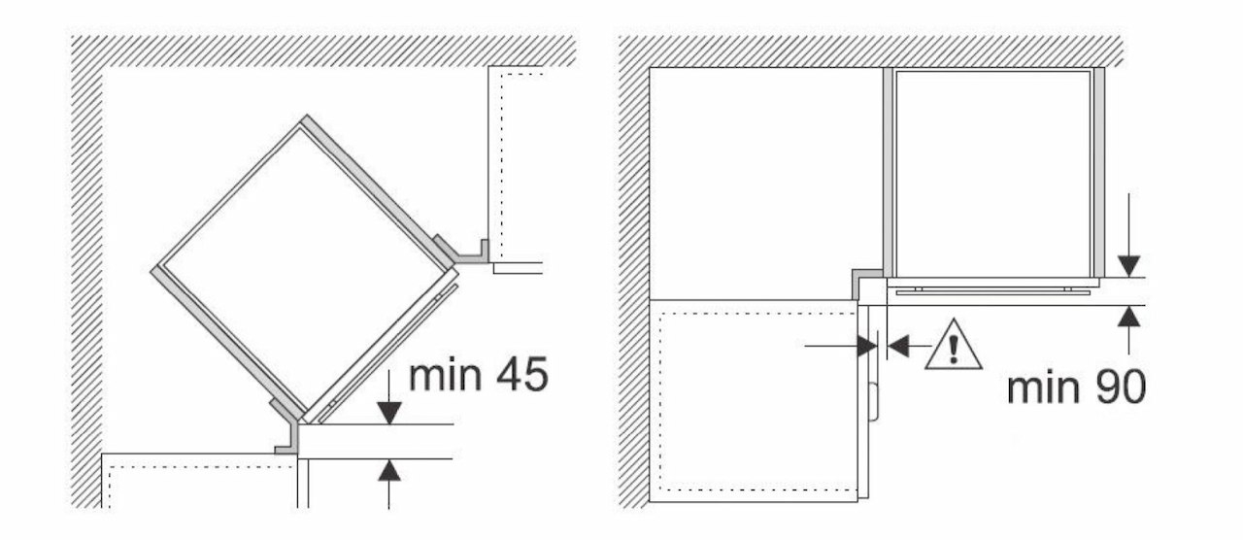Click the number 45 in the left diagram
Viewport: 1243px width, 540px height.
coord(522,375)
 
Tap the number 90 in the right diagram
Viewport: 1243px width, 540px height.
coord(1121,388)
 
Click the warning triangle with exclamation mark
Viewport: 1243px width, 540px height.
coord(954,345)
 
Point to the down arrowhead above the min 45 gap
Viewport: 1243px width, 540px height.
coord(389,413)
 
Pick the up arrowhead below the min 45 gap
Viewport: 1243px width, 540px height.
coord(389,470)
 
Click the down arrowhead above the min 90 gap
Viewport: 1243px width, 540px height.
coord(1128,266)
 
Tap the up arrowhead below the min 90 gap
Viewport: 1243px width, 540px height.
coord(1128,317)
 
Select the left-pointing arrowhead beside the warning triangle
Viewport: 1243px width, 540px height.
coord(898,346)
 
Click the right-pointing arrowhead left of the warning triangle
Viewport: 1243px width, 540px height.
coord(867,347)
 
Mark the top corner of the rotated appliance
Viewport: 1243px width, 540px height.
coord(306,116)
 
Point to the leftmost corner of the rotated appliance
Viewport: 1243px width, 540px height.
coord(152,271)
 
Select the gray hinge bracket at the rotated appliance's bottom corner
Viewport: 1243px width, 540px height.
coord(289,427)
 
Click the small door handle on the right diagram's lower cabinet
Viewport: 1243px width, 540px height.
coord(875,402)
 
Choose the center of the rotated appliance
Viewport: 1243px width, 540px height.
coord(305,269)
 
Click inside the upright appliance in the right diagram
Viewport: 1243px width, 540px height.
coord(993,173)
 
